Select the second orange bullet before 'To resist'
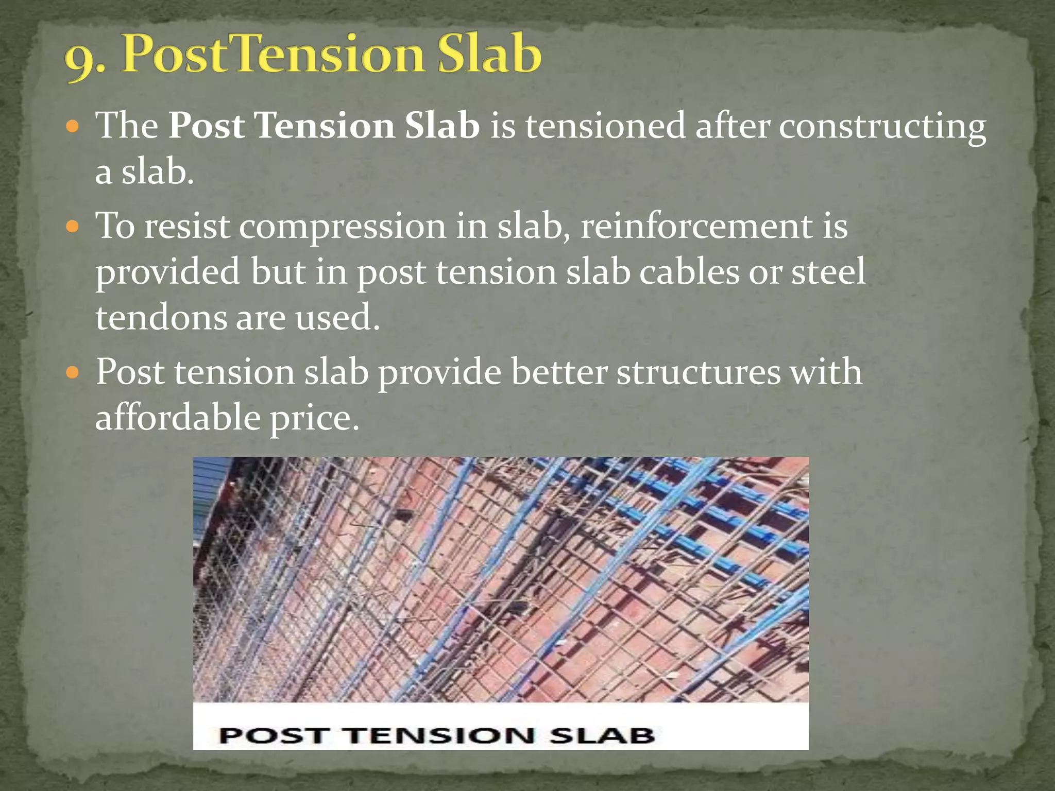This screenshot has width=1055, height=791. click(74, 226)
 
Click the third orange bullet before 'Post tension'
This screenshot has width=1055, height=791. click(74, 372)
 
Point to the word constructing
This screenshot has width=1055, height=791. click(882, 127)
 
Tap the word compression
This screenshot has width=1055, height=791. click(342, 227)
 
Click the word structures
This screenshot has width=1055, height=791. click(698, 372)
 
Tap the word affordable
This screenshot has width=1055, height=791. click(178, 417)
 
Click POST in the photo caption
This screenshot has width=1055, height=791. click(274, 735)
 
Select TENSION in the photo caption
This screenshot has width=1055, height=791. click(440, 735)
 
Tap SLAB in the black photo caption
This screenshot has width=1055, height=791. click(602, 735)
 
